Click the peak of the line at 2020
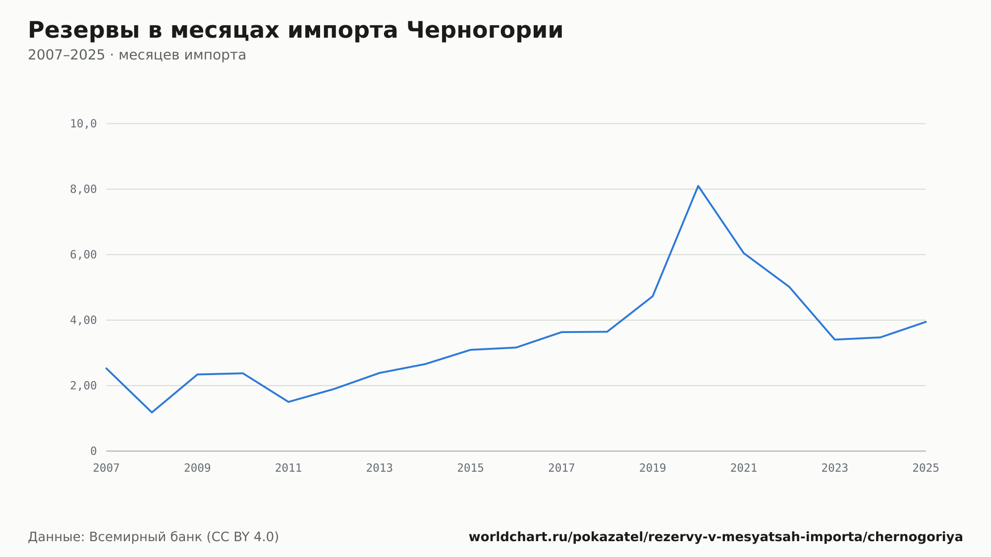(698, 186)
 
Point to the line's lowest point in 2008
(152, 412)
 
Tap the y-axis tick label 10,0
(83, 124)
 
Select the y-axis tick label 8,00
(83, 189)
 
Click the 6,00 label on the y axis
(83, 255)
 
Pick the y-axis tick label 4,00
(83, 320)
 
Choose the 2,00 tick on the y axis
(83, 386)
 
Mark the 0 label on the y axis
(93, 451)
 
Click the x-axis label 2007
(107, 468)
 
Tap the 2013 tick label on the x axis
(380, 468)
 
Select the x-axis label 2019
(653, 468)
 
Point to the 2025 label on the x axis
(926, 468)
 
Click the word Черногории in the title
(485, 31)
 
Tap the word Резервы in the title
(84, 31)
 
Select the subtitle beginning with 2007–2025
(137, 55)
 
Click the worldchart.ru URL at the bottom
(716, 537)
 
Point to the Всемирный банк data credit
(154, 537)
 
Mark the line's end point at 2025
(926, 322)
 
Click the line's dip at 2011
(288, 402)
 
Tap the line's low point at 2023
(835, 339)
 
